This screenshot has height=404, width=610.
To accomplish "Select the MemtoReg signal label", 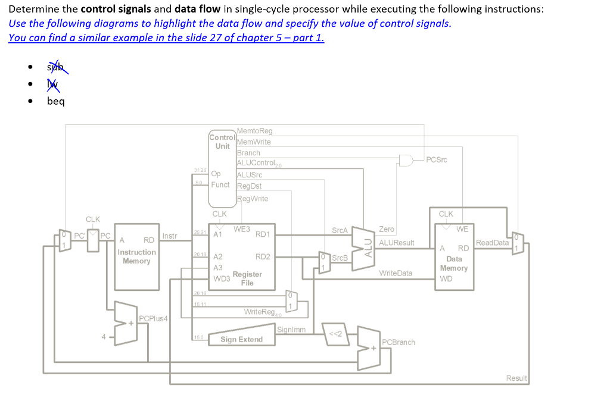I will coord(254,131).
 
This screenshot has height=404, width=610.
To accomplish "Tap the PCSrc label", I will coord(437,159).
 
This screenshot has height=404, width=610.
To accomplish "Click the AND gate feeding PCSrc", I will coord(407,160).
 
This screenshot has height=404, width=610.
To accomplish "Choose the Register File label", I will coord(247,278).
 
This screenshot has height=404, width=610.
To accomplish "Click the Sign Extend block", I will coord(241,340).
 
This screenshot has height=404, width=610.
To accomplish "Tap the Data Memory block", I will coord(454,258).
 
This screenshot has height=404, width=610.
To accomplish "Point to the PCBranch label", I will coord(399,342).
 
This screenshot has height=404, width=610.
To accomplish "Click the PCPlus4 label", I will coord(153,318).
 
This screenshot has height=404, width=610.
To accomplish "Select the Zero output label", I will coord(387,229).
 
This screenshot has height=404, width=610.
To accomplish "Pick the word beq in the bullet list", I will coord(56,101).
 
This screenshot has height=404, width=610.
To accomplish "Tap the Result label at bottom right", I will coord(516,378).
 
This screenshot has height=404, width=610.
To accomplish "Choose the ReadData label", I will coord(492,243).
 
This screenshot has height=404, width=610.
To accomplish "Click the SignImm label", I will coord(291,330).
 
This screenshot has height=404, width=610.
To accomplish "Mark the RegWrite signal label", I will coord(253,199).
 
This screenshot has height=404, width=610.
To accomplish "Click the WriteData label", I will coord(396,273).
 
